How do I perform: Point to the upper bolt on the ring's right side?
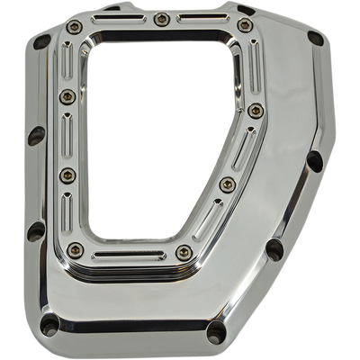click(255, 111)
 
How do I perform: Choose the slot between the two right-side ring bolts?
click(243, 147)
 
